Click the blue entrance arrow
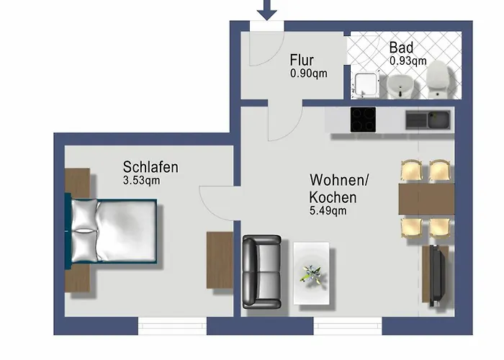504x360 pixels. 267,9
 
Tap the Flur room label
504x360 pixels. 303,60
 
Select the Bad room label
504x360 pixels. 402,48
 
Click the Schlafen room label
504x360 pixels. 150,167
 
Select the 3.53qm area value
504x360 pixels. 141,181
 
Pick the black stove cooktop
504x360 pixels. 363,120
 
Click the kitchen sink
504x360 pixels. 428,120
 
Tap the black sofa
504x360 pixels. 261,272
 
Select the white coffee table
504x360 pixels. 312,273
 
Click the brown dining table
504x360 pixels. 426,199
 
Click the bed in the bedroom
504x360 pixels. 113,231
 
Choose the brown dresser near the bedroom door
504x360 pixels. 220,260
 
